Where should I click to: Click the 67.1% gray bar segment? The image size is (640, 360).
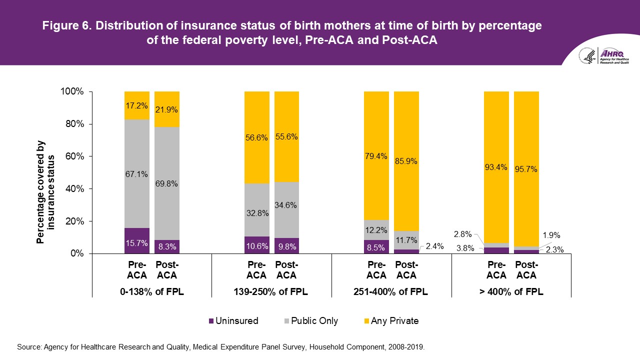tap(137, 173)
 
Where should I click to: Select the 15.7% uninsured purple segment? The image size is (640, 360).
tap(137, 240)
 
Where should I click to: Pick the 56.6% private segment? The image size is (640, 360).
tap(256, 137)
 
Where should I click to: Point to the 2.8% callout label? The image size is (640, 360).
tap(462, 234)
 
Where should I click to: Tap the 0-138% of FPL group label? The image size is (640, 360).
tap(152, 292)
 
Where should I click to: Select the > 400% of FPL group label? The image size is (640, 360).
tap(511, 292)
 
